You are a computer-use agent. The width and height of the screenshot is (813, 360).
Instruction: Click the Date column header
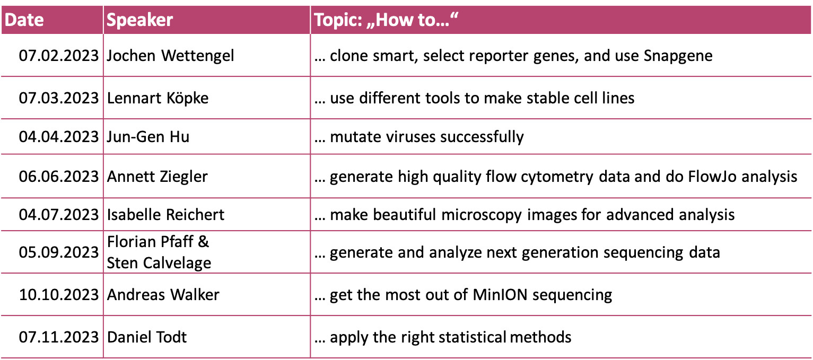pyautogui.click(x=24, y=20)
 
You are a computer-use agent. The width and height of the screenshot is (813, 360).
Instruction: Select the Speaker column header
pyautogui.click(x=139, y=20)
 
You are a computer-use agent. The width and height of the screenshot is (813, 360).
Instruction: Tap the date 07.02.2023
pyautogui.click(x=59, y=56)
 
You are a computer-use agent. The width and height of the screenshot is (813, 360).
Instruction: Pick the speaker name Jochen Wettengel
pyautogui.click(x=170, y=56)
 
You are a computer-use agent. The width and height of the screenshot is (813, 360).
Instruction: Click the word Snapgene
pyautogui.click(x=678, y=56)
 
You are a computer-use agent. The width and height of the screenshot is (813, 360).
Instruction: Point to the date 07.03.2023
pyautogui.click(x=59, y=98)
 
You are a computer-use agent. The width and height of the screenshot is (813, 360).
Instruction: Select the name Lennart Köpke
pyautogui.click(x=158, y=98)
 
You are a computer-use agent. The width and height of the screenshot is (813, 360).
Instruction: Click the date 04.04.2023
pyautogui.click(x=59, y=137)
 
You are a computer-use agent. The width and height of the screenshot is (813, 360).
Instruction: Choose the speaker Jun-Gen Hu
pyautogui.click(x=148, y=137)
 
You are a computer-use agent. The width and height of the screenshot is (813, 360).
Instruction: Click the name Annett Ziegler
pyautogui.click(x=157, y=177)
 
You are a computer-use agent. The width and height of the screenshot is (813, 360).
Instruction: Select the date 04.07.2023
pyautogui.click(x=59, y=215)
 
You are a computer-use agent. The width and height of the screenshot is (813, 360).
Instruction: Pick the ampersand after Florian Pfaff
pyautogui.click(x=203, y=242)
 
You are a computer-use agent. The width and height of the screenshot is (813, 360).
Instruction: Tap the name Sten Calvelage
pyautogui.click(x=159, y=263)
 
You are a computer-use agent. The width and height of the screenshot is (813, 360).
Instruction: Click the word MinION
pyautogui.click(x=500, y=294)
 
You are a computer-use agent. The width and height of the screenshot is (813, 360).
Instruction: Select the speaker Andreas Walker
pyautogui.click(x=163, y=295)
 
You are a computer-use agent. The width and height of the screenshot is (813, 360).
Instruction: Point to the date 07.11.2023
pyautogui.click(x=59, y=337)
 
